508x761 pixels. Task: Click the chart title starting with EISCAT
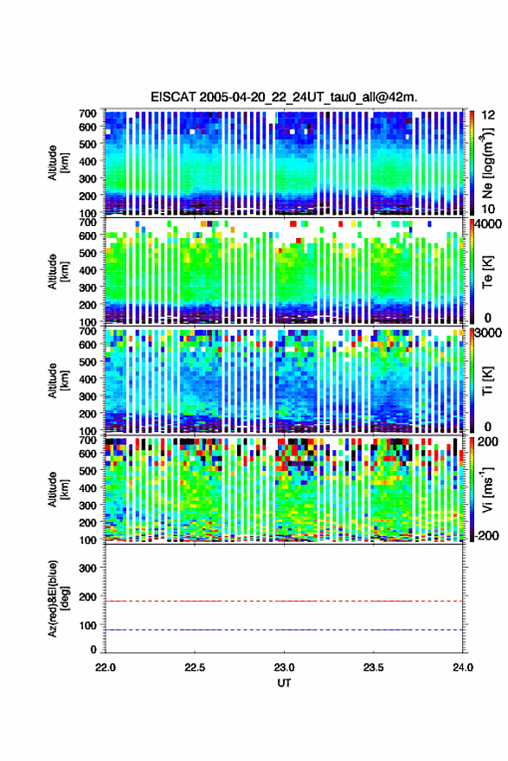tap(284, 97)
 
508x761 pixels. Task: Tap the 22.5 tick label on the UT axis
tap(195, 667)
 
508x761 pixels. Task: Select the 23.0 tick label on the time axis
tap(284, 667)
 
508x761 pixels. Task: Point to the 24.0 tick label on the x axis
tap(462, 667)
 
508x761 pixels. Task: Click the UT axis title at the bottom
tap(284, 683)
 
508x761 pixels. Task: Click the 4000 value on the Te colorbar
tap(488, 225)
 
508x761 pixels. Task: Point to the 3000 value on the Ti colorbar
tap(488, 334)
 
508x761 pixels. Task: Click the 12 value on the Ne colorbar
tap(489, 115)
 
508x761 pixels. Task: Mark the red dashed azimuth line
tap(284, 601)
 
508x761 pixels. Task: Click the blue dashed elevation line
tap(284, 629)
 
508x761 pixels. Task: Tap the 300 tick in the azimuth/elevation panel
tap(87, 568)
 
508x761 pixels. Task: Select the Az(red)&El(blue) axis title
tap(58, 598)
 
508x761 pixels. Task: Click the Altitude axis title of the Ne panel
tap(58, 163)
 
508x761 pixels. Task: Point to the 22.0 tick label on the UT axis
tap(106, 667)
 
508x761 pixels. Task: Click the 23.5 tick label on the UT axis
tap(373, 667)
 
